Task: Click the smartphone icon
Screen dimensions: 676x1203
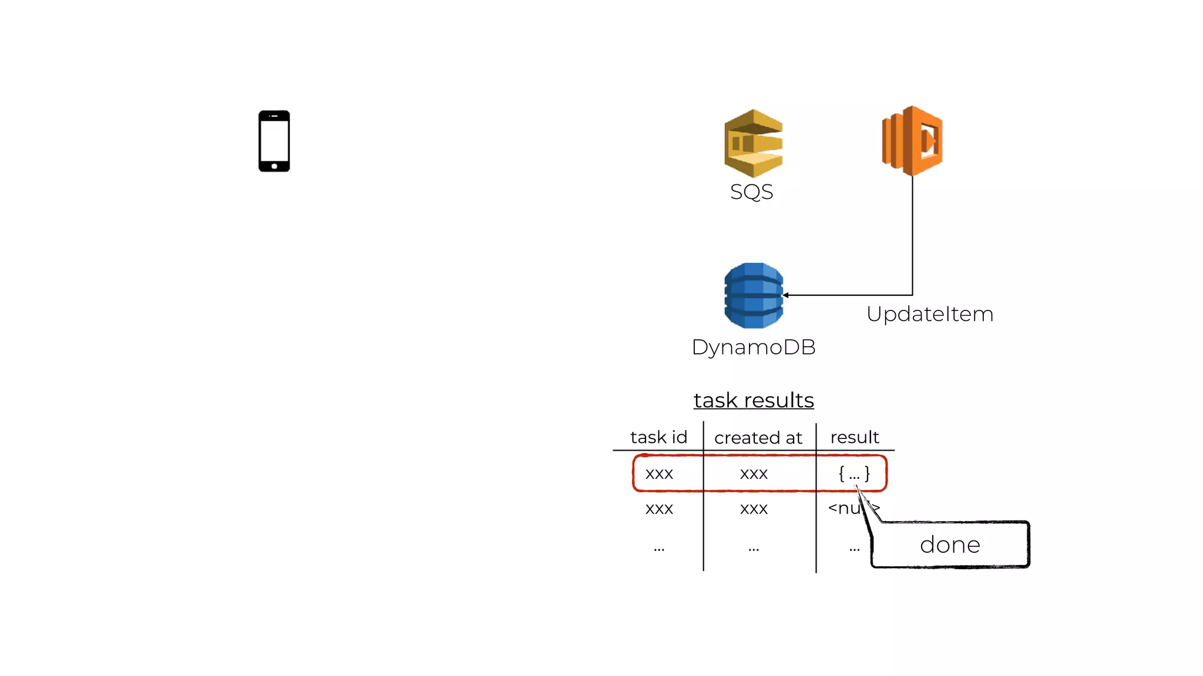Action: pos(274,141)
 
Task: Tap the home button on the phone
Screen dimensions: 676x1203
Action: pos(274,167)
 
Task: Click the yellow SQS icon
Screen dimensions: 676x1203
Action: pos(754,143)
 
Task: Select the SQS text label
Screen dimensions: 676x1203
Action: pos(751,192)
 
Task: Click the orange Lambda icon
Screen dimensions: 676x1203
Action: pos(912,141)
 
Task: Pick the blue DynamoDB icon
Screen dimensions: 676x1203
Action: pos(754,295)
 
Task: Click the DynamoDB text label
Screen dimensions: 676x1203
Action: pos(754,347)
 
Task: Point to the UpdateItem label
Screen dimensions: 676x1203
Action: pos(930,314)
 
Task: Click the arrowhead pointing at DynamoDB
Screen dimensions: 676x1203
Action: pos(786,295)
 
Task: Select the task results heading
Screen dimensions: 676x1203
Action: pos(754,400)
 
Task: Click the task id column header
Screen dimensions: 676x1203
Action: pos(658,437)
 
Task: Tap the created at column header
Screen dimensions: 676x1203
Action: pos(758,438)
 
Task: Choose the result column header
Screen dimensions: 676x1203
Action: pos(855,437)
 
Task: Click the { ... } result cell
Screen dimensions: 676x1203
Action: pos(854,474)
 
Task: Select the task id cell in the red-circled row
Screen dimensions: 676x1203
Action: pos(659,474)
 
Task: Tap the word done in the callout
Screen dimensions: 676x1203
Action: pos(950,545)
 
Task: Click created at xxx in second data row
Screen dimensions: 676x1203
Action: pos(754,509)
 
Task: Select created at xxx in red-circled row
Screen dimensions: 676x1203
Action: pos(754,474)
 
